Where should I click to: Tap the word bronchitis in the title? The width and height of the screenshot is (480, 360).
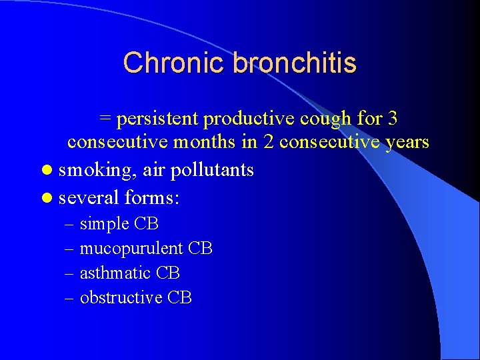(295, 63)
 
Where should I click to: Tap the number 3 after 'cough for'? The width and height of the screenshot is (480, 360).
(393, 119)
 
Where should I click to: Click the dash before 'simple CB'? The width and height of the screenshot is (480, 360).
(70, 224)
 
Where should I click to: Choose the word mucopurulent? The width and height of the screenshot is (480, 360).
(131, 249)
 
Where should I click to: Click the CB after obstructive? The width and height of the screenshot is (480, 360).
(180, 298)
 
